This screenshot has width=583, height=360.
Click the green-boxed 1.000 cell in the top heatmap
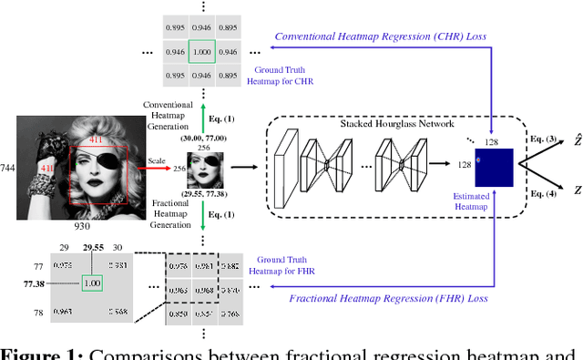204,52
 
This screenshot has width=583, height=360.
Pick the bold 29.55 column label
93,247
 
